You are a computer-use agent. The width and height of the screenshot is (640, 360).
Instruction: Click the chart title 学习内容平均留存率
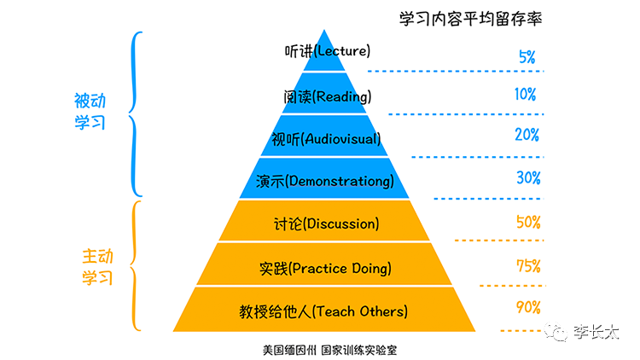pos(471,17)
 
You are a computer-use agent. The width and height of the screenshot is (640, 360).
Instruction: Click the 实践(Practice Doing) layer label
pos(325,269)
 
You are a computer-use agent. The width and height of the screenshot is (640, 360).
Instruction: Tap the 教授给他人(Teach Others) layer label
pos(324,311)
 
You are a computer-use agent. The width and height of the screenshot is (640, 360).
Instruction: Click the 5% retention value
pos(527,58)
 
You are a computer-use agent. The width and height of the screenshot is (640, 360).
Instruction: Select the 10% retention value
pos(527,94)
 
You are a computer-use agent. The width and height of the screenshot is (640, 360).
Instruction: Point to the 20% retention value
pos(527,135)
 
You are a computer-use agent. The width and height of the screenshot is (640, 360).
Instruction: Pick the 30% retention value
pos(528,178)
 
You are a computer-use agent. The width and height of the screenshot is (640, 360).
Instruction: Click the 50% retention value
pos(528,223)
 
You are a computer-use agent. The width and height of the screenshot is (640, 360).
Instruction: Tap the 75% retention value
pos(528,266)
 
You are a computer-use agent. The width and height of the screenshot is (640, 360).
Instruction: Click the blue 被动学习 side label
pos(90,112)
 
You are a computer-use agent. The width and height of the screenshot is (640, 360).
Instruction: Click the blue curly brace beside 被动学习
pos(135,114)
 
